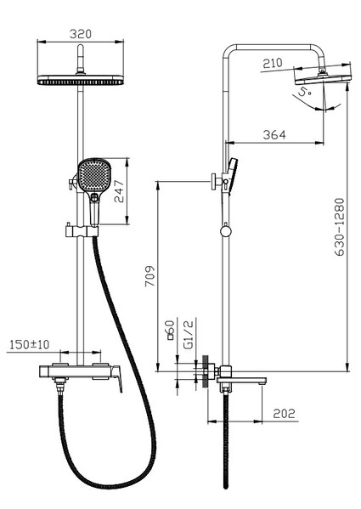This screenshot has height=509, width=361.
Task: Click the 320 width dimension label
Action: pyautogui.click(x=81, y=34)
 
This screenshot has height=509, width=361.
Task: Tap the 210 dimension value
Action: pyautogui.click(x=273, y=63)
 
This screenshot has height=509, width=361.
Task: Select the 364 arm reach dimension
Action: pyautogui.click(x=274, y=135)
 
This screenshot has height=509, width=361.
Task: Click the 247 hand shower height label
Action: pyautogui.click(x=119, y=191)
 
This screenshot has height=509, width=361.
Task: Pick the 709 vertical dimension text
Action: pyautogui.click(x=149, y=276)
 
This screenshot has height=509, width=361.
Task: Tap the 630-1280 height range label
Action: pyautogui.click(x=340, y=227)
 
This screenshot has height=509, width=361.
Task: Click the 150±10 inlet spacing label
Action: pyautogui.click(x=30, y=344)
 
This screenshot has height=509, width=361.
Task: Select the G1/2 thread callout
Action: pyautogui.click(x=189, y=334)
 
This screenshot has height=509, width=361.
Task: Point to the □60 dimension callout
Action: pyautogui.click(x=170, y=330)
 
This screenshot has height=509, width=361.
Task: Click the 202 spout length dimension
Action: pyautogui.click(x=285, y=414)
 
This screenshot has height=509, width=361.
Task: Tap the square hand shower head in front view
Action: pyautogui.click(x=94, y=175)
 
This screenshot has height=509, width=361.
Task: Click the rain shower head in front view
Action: pyautogui.click(x=81, y=80)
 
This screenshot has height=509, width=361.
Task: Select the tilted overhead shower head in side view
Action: pyautogui.click(x=324, y=78)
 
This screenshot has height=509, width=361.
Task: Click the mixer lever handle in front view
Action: pyautogui.click(x=116, y=378)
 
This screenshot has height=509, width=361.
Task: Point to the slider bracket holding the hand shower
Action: pyautogui.click(x=82, y=231)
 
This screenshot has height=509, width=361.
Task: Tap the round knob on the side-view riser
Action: pyautogui.click(x=225, y=231)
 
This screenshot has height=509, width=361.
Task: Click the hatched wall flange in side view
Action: pyautogui.click(x=205, y=371)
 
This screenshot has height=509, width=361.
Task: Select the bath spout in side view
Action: pyautogui.click(x=241, y=381)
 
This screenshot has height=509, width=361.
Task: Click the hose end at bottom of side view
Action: pyautogui.click(x=226, y=486)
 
